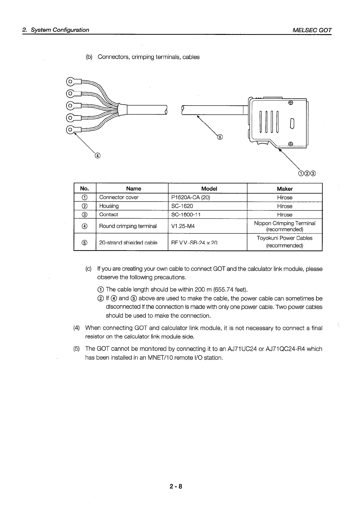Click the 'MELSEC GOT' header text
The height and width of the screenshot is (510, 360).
(312, 30)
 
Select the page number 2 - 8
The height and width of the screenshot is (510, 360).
(176, 487)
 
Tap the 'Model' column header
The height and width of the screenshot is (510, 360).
(209, 189)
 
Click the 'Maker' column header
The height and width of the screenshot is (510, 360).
(284, 189)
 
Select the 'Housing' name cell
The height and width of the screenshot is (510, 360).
(109, 206)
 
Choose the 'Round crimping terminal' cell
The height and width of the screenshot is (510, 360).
(128, 226)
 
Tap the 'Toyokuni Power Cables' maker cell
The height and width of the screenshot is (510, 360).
(284, 238)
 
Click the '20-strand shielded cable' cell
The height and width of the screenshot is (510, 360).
(128, 243)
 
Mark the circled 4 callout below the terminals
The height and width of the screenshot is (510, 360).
(97, 156)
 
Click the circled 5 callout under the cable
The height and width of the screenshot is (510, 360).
(220, 137)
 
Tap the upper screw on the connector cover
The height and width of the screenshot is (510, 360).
(290, 103)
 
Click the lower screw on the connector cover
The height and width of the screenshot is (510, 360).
(290, 144)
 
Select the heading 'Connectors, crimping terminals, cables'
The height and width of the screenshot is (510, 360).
(149, 57)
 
